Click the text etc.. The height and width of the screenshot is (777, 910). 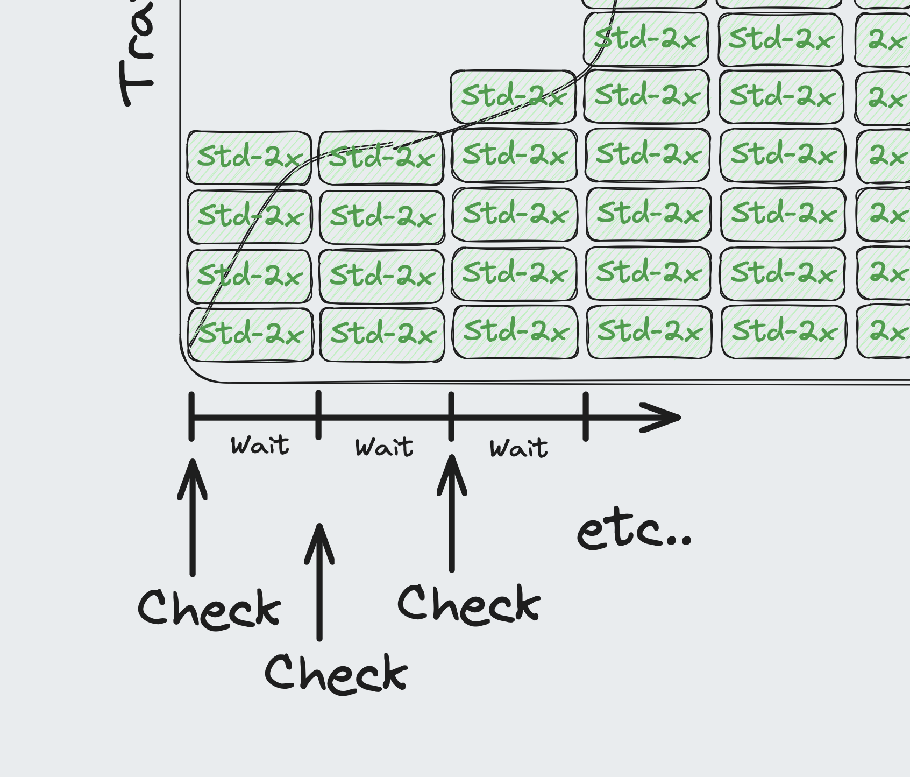pos(634,532)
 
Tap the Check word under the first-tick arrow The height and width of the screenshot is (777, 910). pos(209,609)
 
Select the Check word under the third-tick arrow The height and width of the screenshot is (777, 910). pos(468,605)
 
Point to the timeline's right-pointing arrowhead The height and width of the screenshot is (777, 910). pos(667,417)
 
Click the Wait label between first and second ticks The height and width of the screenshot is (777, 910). pos(260,446)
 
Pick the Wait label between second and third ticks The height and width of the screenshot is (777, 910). pos(384,447)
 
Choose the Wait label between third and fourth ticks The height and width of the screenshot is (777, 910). pos(518,448)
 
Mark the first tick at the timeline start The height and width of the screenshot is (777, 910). pos(191,416)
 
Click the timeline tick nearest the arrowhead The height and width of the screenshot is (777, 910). pos(586,416)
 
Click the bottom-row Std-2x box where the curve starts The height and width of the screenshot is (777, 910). pos(250,334)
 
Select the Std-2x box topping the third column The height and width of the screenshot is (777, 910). pos(513,97)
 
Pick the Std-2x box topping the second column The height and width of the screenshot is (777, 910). pos(381,158)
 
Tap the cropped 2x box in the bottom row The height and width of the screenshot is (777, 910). pos(885,331)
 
